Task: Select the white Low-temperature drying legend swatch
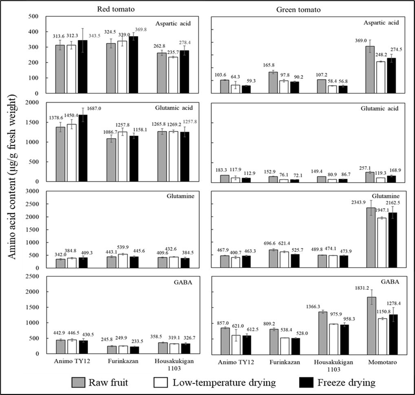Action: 161,382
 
